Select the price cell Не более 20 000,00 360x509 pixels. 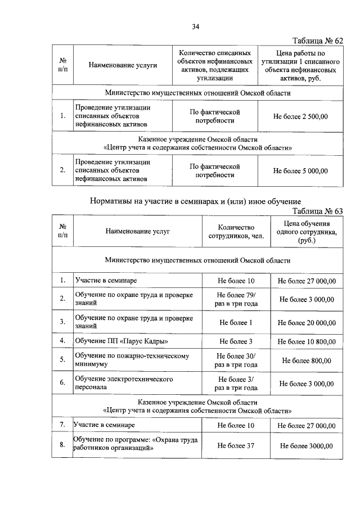pos(307,322)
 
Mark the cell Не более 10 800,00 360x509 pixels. pos(307,341)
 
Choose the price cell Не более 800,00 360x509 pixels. pos(307,361)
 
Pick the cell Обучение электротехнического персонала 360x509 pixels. pos(124,384)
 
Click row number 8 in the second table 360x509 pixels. pos(62,446)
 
